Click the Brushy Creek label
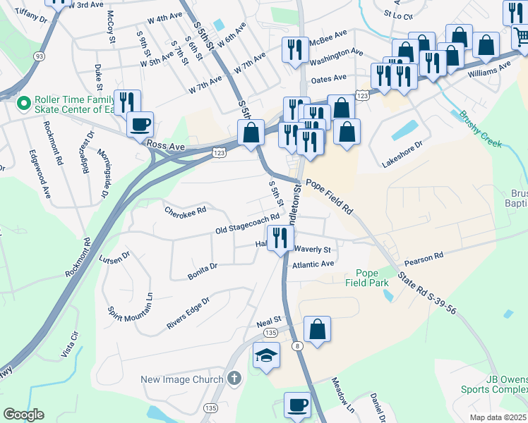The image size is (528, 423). coord(480,130)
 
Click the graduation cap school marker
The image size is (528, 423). coord(267,356)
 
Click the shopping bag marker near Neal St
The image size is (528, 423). coord(317,329)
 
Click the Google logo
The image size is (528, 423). coord(23,414)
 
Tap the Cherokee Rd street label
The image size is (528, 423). coord(185,210)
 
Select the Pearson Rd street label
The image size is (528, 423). coord(428,255)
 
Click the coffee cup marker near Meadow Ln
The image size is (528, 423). coord(297,405)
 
